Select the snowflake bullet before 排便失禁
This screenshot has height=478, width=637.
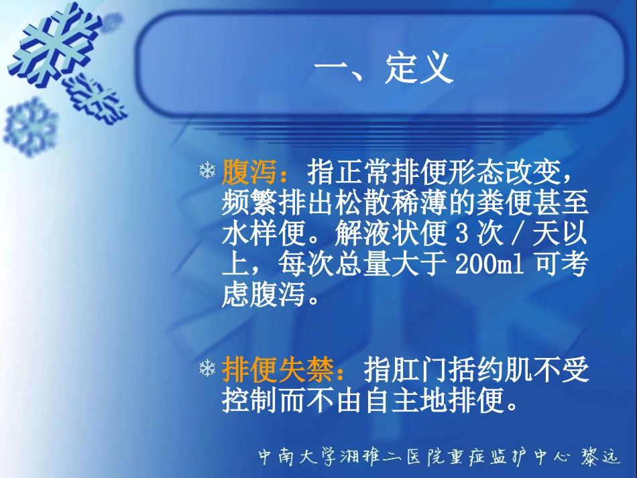pos(207,369)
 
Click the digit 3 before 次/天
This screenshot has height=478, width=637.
pos(460,235)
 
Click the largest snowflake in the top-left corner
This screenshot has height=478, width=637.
pos(47,44)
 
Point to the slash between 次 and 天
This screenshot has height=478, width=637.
pos(513,235)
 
